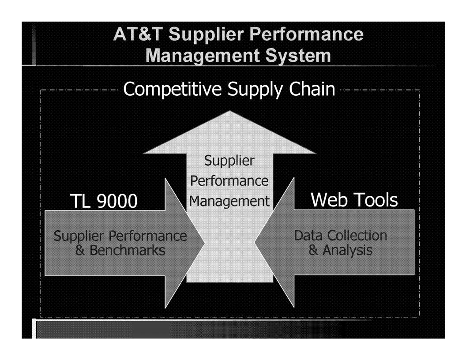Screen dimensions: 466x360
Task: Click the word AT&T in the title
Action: coord(138,34)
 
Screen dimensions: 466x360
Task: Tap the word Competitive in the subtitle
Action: coord(173,89)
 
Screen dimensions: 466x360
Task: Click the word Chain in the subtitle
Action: coord(312,89)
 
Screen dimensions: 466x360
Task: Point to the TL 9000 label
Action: coord(104,201)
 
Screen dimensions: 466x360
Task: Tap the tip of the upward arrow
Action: coord(229,111)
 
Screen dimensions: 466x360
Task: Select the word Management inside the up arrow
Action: coord(229,202)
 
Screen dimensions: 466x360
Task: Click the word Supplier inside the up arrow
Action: coord(229,161)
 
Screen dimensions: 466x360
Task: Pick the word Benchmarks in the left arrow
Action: coord(127,250)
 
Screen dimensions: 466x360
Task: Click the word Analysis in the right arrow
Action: coord(347,251)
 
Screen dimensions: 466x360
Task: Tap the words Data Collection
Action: coord(340,236)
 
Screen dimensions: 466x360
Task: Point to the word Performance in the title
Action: coord(306,34)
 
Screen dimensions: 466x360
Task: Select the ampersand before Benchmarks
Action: coord(80,250)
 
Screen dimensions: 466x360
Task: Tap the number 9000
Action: coord(117,201)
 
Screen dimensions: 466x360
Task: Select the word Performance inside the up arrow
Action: coord(229,181)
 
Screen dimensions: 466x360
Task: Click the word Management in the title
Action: coord(203,56)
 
